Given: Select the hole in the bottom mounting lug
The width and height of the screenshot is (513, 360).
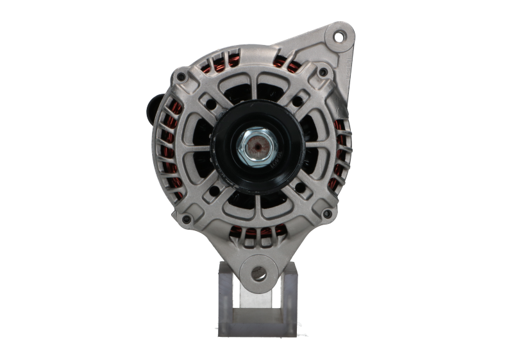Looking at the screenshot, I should click(x=258, y=275).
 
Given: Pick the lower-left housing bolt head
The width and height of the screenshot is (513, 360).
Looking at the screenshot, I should click(x=186, y=219).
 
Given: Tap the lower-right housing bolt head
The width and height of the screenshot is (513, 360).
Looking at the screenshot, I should click(x=327, y=214).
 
